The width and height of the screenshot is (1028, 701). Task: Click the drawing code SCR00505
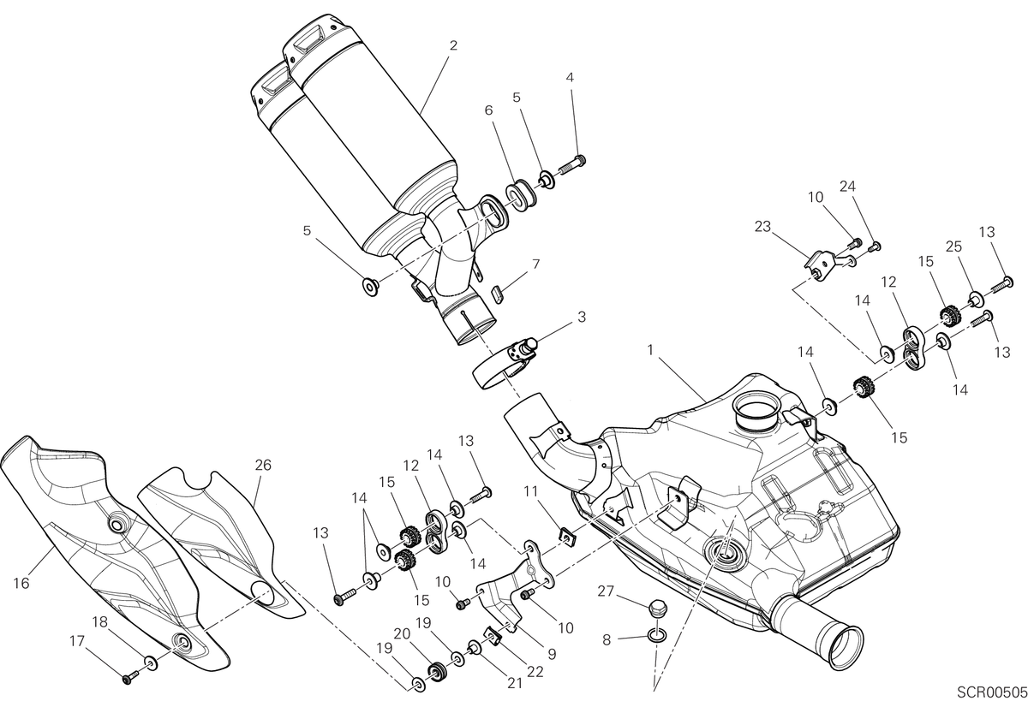[991, 691]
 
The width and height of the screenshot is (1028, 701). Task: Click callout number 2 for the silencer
[453, 45]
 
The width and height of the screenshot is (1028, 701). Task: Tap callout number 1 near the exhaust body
[650, 350]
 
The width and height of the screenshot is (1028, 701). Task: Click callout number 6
[488, 110]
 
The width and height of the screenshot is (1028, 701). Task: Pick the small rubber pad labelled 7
[498, 294]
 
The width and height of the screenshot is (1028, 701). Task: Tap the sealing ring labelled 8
[657, 635]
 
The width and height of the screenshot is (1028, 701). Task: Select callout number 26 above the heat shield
[263, 465]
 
